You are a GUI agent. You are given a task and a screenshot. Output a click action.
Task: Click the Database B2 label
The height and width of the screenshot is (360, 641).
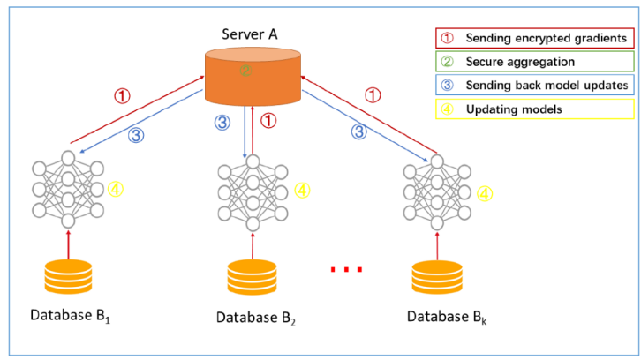tap(255, 317)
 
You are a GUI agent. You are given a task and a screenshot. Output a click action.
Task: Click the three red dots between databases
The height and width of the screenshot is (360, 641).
tap(345, 270)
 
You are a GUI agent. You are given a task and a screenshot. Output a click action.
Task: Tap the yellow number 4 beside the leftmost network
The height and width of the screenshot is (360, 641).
tap(115, 189)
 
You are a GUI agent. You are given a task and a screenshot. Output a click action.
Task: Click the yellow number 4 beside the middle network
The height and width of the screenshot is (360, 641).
tap(303, 190)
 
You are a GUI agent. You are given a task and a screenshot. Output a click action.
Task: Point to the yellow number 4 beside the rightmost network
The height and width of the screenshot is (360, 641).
tap(485, 194)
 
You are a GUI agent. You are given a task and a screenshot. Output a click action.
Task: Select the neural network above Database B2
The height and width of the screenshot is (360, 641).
tap(253, 191)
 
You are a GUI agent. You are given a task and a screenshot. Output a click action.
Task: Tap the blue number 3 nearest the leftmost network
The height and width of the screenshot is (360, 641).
tap(135, 135)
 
